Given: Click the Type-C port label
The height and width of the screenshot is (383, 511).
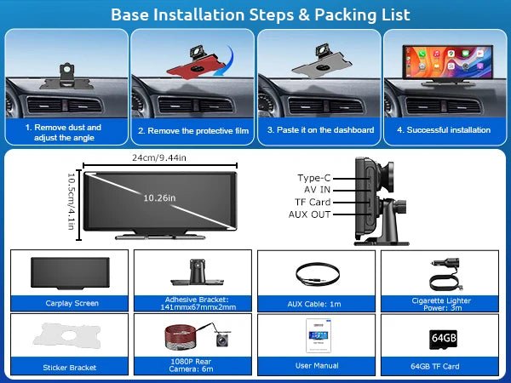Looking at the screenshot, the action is (x=313, y=178).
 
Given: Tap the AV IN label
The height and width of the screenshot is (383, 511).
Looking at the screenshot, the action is (x=317, y=190).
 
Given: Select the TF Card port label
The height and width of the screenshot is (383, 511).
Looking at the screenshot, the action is (x=313, y=203).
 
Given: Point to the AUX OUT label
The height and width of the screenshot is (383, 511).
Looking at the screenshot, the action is (x=310, y=214).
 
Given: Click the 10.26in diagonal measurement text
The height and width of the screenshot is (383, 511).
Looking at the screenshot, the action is (x=160, y=198).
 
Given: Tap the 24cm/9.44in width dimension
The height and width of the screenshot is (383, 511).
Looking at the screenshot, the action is (x=159, y=158).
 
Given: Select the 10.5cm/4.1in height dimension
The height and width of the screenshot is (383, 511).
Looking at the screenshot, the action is (x=71, y=201).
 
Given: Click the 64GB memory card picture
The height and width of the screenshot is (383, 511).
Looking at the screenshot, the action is (x=443, y=340).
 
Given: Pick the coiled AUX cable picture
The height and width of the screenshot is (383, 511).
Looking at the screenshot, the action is (x=318, y=274).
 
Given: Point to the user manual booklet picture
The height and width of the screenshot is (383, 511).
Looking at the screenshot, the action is (x=319, y=335).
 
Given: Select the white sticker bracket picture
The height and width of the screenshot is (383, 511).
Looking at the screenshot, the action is (x=66, y=334).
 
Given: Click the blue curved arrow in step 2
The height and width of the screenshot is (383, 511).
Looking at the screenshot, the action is (x=225, y=62).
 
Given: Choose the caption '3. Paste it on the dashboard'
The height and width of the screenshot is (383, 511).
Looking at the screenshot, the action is (x=321, y=130).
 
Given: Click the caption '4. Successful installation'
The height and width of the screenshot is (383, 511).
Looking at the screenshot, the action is (x=444, y=130).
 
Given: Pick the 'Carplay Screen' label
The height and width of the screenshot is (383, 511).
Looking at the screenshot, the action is (x=72, y=303).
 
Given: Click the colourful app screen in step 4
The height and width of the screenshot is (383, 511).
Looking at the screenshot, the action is (x=447, y=62).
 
